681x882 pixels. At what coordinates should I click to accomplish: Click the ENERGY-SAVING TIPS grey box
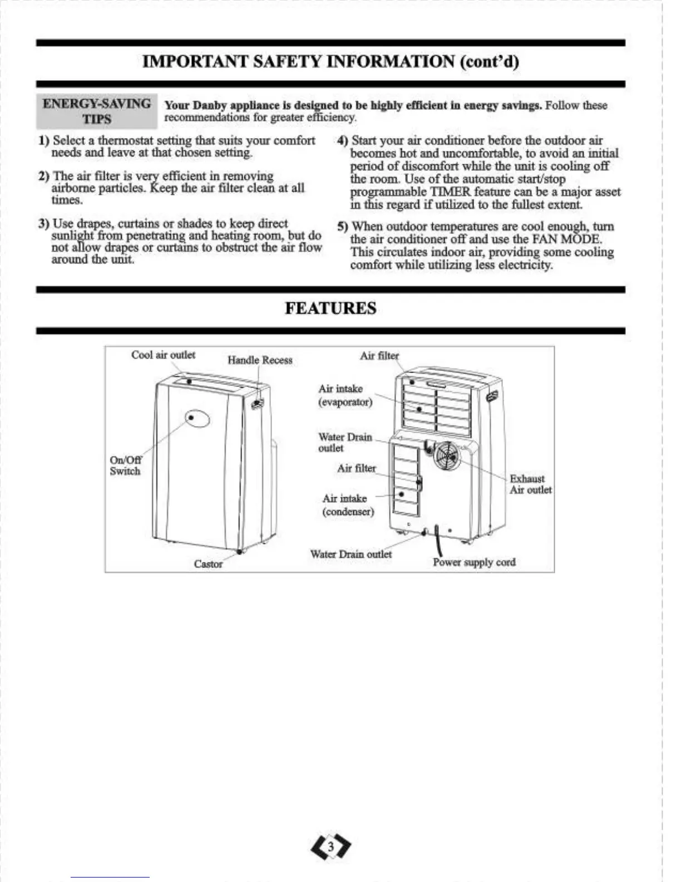[x=97, y=111]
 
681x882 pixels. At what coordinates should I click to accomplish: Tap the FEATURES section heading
[x=330, y=308]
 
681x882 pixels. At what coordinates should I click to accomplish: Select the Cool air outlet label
[x=163, y=355]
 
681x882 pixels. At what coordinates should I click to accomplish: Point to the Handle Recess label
[x=260, y=360]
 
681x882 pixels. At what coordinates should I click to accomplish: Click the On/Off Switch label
[x=125, y=465]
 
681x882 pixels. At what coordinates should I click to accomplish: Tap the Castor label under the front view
[x=208, y=564]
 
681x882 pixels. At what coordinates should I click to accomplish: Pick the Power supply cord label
[x=474, y=562]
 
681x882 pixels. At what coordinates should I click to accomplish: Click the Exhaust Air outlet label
[x=531, y=484]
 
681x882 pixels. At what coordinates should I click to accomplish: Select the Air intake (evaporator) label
[x=345, y=395]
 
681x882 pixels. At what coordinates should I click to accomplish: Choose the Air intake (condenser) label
[x=348, y=505]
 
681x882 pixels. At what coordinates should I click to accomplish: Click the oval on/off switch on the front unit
[x=198, y=418]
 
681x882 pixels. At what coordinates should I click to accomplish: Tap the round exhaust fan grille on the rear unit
[x=447, y=456]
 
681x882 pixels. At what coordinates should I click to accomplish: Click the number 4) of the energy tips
[x=343, y=141]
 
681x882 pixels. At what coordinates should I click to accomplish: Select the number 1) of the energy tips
[x=44, y=141]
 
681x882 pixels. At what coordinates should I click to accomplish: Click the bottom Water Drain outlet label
[x=351, y=555]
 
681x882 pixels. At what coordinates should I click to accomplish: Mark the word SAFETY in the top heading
[x=289, y=61]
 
